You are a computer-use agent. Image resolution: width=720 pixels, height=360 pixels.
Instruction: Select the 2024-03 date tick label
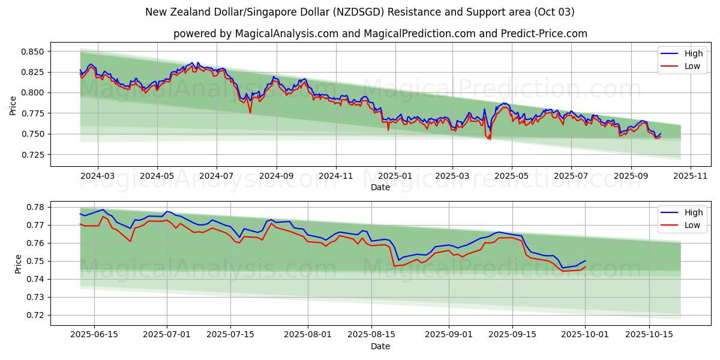tap(97, 176)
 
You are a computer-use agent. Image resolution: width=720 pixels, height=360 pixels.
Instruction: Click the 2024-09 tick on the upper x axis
tap(276, 176)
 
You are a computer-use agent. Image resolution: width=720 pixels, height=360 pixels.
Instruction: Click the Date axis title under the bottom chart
tap(380, 346)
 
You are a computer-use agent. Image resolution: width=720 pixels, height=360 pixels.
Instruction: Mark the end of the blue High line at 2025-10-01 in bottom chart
tap(585, 261)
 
